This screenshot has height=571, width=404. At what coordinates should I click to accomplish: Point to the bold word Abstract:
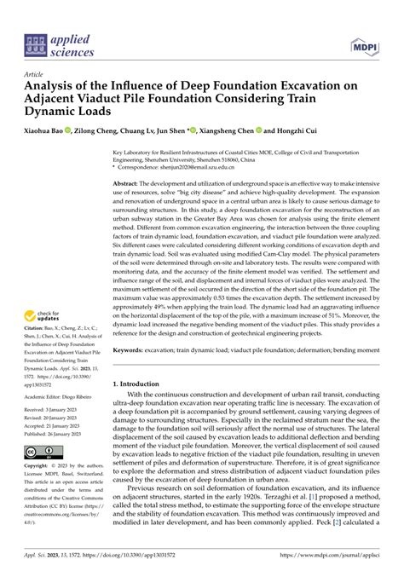tap(126, 184)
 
